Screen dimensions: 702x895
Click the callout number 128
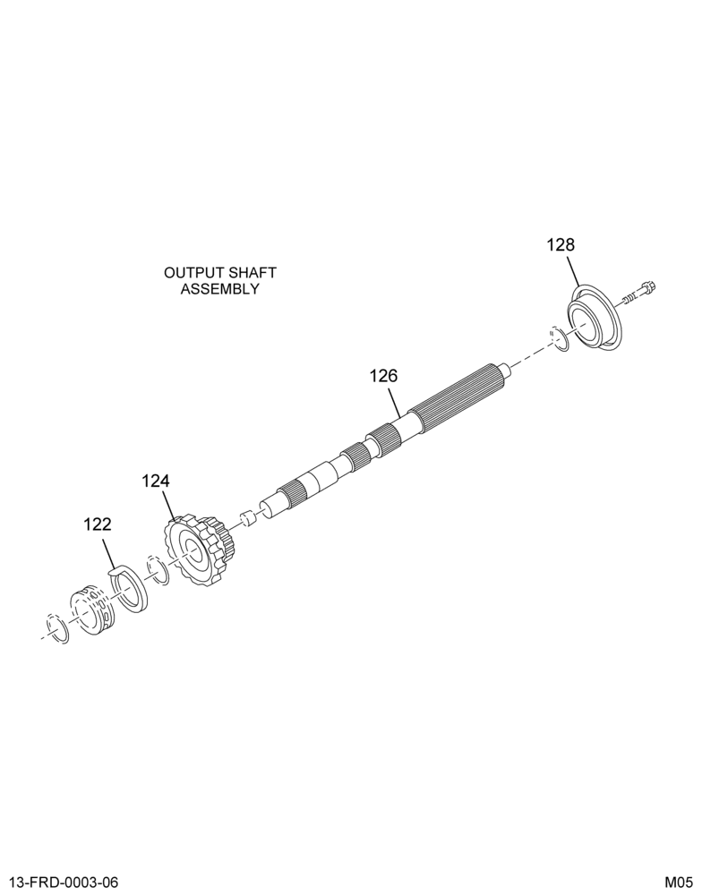561,245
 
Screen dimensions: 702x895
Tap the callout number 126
383,376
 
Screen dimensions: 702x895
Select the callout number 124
156,482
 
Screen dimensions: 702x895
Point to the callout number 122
98,524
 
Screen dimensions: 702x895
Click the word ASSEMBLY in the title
220,289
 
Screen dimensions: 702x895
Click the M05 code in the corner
679,882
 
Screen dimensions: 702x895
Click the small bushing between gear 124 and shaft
247,518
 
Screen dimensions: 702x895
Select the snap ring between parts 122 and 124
157,569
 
